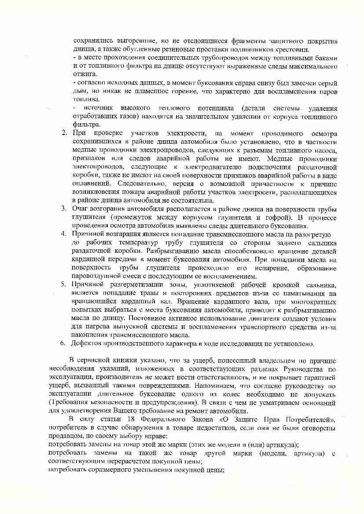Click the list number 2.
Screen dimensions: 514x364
coord(63,133)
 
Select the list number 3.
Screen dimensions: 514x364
coord(63,208)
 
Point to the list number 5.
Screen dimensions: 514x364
coord(63,284)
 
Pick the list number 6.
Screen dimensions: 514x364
coord(63,343)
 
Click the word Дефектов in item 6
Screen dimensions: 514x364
coord(87,343)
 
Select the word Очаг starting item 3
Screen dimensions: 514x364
coord(81,208)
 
